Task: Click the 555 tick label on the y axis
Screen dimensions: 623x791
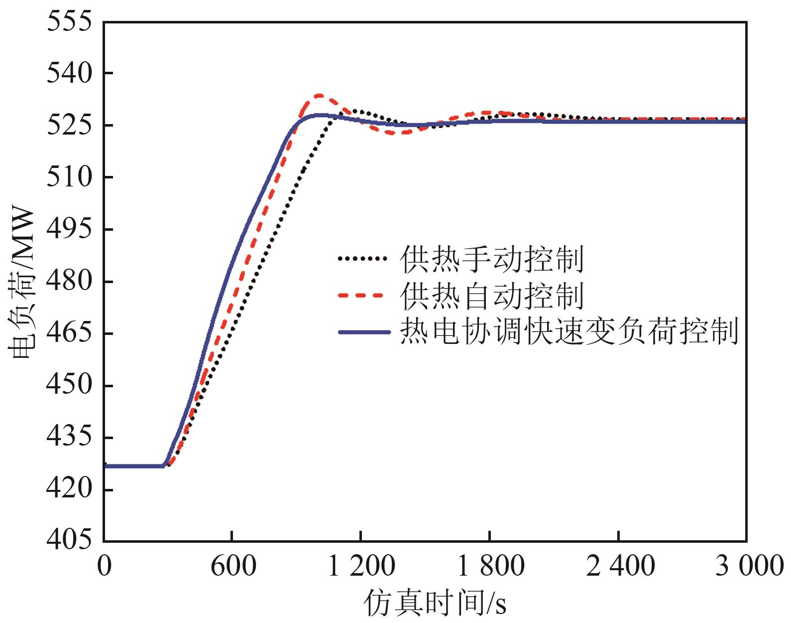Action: (x=70, y=22)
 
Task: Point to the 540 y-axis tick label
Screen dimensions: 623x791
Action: (x=70, y=74)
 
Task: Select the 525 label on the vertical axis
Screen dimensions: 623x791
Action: (x=70, y=126)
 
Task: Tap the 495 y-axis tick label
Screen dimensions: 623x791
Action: (x=70, y=229)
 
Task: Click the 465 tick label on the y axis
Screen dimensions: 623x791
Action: (x=70, y=333)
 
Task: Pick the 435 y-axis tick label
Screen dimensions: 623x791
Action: (x=70, y=437)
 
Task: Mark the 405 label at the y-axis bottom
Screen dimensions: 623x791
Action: (x=70, y=540)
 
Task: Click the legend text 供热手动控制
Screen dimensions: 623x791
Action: (x=492, y=259)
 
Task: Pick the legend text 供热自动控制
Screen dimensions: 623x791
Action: (x=492, y=296)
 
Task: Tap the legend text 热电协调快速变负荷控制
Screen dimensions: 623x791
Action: (x=569, y=331)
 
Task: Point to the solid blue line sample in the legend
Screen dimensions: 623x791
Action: (x=363, y=332)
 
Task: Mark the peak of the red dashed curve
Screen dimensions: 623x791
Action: (x=319, y=95)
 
